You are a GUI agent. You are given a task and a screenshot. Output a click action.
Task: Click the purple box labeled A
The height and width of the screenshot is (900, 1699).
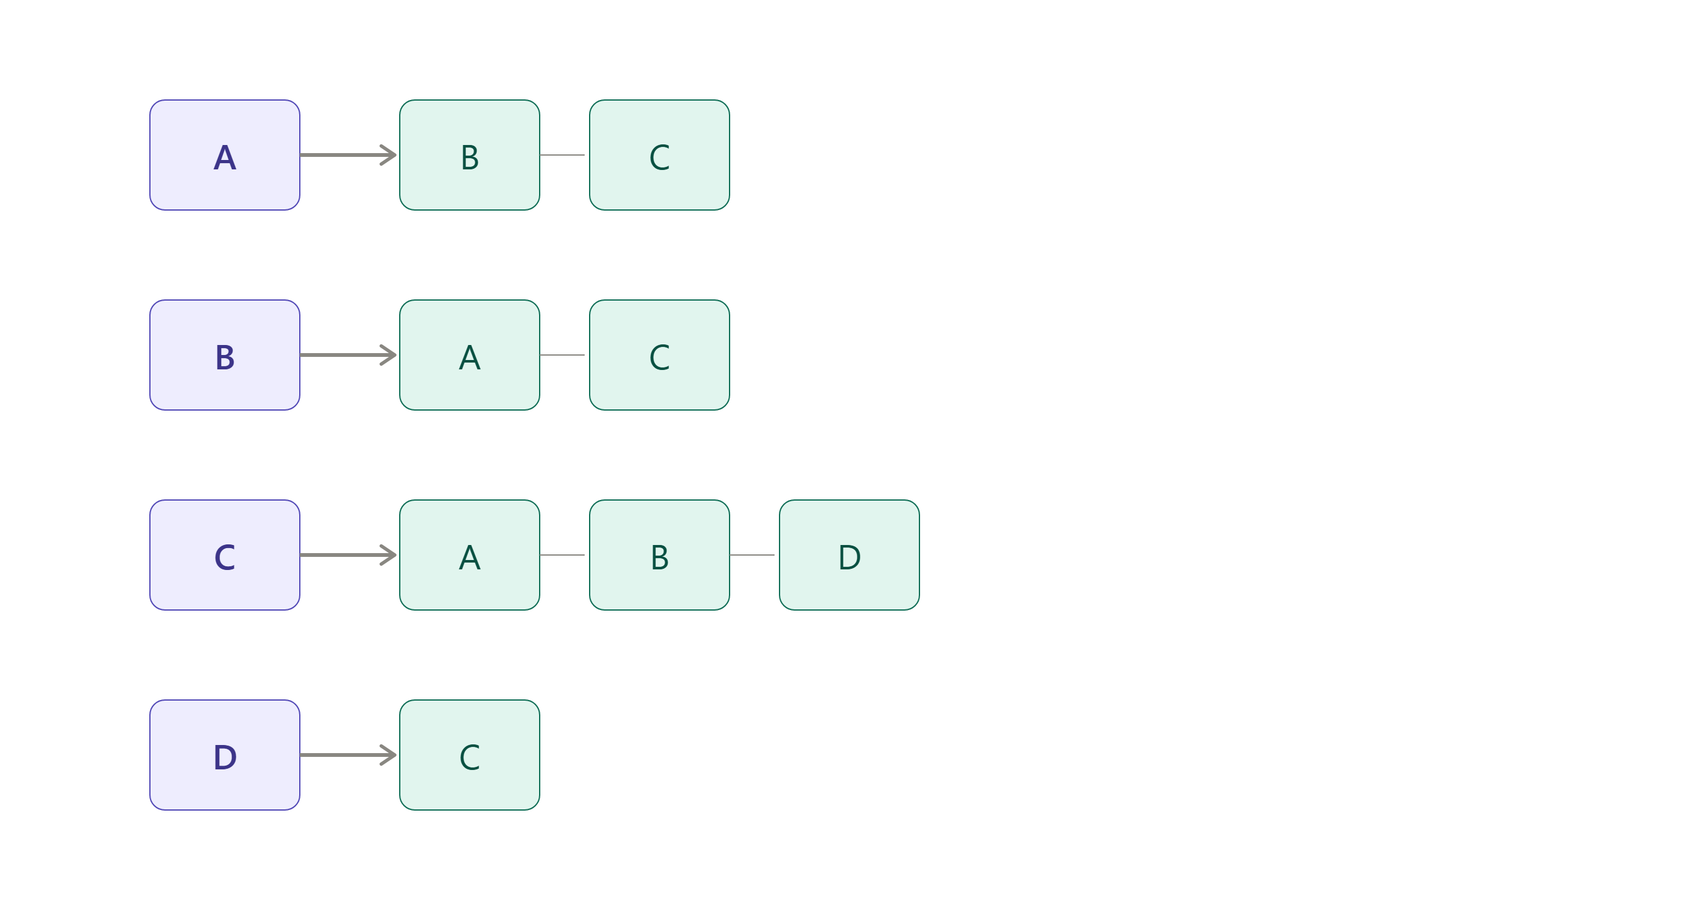(x=225, y=155)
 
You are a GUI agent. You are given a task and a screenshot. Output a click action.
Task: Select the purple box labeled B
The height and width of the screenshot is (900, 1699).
(x=225, y=355)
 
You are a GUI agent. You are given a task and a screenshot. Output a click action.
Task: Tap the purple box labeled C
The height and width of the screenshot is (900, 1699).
(x=225, y=555)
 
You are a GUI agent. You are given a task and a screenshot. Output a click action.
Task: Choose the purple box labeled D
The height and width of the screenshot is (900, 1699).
(x=225, y=755)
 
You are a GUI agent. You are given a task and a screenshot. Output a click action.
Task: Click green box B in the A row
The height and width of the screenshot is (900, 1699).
(x=470, y=155)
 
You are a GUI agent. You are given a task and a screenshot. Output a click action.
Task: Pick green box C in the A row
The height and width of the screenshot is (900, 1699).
(x=660, y=155)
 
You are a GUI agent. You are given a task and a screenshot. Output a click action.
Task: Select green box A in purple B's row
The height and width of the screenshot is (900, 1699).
(x=470, y=355)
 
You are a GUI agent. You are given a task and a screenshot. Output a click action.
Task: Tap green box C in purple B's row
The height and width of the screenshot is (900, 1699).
(x=660, y=355)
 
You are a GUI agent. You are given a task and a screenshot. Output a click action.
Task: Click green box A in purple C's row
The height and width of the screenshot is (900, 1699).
(x=470, y=555)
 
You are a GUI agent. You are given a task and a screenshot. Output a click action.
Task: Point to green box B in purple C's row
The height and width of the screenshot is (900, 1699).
(x=660, y=555)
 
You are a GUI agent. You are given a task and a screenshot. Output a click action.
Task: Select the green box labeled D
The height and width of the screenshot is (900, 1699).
(x=849, y=555)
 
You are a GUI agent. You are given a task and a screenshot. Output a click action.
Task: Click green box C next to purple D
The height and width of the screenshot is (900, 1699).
(x=470, y=755)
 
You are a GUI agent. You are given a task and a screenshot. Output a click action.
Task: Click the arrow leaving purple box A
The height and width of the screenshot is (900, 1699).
(x=349, y=155)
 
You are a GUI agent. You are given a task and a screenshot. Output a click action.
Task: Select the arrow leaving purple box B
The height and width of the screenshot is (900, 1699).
(x=349, y=355)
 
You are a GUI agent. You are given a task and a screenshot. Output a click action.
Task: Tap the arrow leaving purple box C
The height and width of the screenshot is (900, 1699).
(x=349, y=555)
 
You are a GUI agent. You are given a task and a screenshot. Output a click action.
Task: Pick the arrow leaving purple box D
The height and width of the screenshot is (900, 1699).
(x=349, y=755)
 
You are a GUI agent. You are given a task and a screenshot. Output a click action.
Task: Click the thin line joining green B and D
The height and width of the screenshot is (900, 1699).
(x=753, y=555)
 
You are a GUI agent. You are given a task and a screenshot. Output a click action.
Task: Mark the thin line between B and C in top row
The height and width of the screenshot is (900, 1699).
(x=563, y=155)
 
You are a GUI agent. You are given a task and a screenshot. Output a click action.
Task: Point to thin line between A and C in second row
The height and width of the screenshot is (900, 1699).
(x=563, y=355)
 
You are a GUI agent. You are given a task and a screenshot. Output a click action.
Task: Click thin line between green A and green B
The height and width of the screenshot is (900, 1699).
(x=563, y=555)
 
